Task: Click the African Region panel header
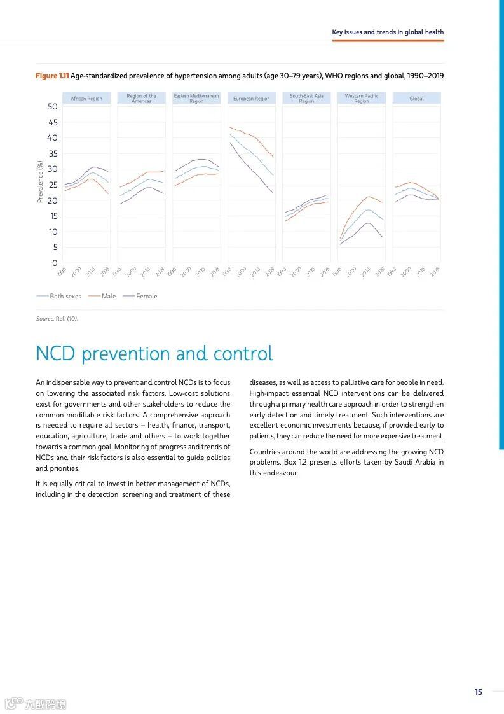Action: click(x=86, y=99)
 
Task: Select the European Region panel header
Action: click(x=251, y=99)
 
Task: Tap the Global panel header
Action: click(x=416, y=99)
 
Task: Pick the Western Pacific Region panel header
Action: click(x=362, y=99)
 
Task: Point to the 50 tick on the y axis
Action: click(x=52, y=106)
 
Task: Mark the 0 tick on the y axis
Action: click(x=55, y=263)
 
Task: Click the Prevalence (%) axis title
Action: click(x=40, y=181)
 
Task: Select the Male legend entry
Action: click(x=109, y=297)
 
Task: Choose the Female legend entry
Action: click(x=146, y=297)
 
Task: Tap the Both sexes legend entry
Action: click(x=65, y=297)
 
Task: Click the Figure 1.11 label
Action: click(x=52, y=76)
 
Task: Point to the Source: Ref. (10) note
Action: click(x=57, y=318)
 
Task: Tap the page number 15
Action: click(x=478, y=692)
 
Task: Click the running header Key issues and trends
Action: click(x=388, y=32)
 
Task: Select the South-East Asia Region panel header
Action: click(x=306, y=99)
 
